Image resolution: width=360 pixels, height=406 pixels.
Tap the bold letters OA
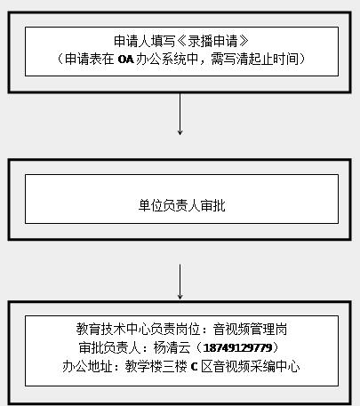pyautogui.click(x=126, y=60)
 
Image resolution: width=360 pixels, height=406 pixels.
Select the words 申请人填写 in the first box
pyautogui.click(x=145, y=41)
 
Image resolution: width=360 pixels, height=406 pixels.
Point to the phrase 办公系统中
pyautogui.click(x=167, y=60)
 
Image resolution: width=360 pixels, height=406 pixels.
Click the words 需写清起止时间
pyautogui.click(x=255, y=60)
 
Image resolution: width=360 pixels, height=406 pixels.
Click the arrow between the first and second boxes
pyautogui.click(x=180, y=115)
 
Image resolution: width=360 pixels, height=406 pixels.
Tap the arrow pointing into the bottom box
pyautogui.click(x=180, y=282)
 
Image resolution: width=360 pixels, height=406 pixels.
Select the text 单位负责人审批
pyautogui.click(x=181, y=205)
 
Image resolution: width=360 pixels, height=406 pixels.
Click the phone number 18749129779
pyautogui.click(x=237, y=347)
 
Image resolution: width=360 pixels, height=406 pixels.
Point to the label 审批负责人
pyautogui.click(x=109, y=347)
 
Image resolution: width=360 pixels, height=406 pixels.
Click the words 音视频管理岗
pyautogui.click(x=251, y=329)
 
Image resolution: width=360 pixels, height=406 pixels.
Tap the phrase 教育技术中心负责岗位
pyautogui.click(x=139, y=329)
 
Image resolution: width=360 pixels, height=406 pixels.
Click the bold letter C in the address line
pyautogui.click(x=194, y=367)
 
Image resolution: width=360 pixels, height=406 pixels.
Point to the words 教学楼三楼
pyautogui.click(x=156, y=367)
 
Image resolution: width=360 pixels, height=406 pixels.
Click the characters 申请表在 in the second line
pyautogui.click(x=90, y=60)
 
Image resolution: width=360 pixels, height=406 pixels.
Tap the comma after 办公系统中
pyautogui.click(x=203, y=63)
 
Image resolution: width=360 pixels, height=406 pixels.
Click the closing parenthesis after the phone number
pyautogui.click(x=276, y=347)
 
